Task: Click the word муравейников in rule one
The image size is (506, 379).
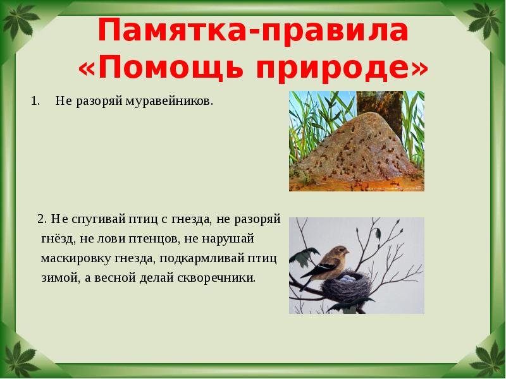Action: click(x=178, y=101)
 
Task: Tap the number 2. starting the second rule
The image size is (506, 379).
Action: click(x=42, y=219)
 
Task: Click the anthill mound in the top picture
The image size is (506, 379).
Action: click(x=354, y=152)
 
